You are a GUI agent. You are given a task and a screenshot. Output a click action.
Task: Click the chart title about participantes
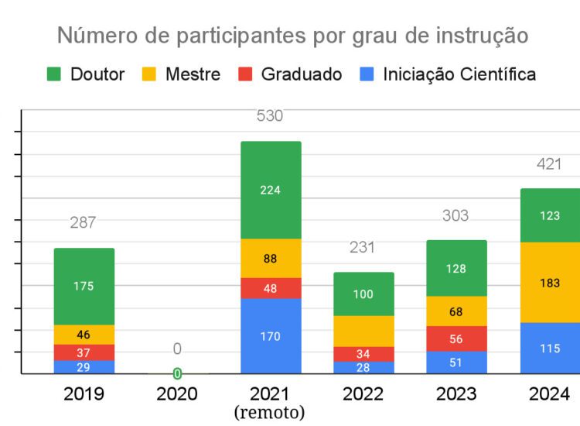pyautogui.click(x=293, y=36)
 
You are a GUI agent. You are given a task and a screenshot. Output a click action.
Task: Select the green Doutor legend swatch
pyautogui.click(x=53, y=74)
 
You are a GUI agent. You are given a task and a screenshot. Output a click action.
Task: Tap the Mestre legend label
pyautogui.click(x=193, y=74)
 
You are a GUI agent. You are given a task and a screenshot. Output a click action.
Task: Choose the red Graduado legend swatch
pyautogui.click(x=244, y=74)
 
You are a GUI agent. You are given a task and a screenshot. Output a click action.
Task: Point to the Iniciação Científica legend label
pyautogui.click(x=459, y=74)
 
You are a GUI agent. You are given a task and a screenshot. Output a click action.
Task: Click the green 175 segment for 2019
pyautogui.click(x=84, y=286)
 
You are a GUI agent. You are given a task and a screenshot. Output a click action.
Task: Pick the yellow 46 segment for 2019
pyautogui.click(x=84, y=335)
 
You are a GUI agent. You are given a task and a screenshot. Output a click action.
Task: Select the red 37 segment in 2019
pyautogui.click(x=84, y=352)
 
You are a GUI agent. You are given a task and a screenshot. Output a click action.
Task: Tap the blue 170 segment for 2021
pyautogui.click(x=271, y=336)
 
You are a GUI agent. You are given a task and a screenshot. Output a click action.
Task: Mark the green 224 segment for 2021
pyautogui.click(x=271, y=190)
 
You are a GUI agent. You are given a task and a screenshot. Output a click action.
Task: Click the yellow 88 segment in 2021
pyautogui.click(x=271, y=259)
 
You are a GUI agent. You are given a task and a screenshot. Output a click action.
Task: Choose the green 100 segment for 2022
pyautogui.click(x=363, y=294)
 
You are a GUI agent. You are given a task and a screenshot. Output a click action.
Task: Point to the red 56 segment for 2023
pyautogui.click(x=456, y=338)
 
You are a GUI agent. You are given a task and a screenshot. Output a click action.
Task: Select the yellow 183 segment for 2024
pyautogui.click(x=550, y=283)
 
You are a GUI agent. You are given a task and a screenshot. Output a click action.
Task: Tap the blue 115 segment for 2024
pyautogui.click(x=550, y=349)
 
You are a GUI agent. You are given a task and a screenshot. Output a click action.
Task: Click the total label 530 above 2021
pyautogui.click(x=270, y=116)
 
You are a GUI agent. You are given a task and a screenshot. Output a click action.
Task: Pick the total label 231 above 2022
pyautogui.click(x=362, y=248)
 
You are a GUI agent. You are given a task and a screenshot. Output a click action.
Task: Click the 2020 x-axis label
pyautogui.click(x=177, y=394)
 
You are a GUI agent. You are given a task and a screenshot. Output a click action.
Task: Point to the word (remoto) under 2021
pyautogui.click(x=270, y=412)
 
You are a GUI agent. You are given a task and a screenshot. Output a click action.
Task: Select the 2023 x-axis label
pyautogui.click(x=456, y=394)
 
